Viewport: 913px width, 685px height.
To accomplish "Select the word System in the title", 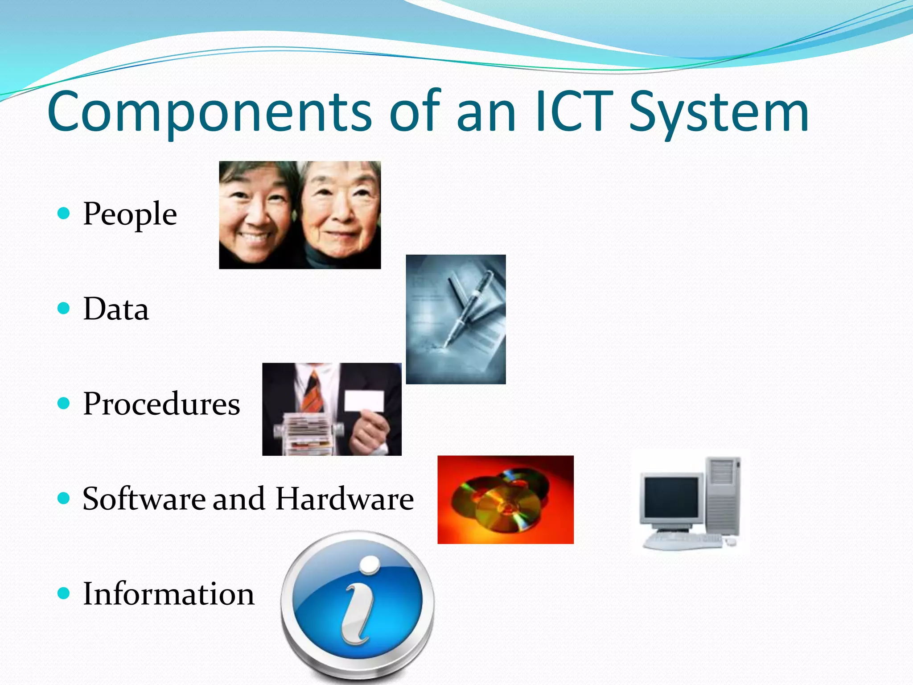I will click(x=719, y=112).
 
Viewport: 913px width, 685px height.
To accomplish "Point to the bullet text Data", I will click(x=116, y=309).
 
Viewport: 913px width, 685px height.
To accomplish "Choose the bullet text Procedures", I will click(x=161, y=404).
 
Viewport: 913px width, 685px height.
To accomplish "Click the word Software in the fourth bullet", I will click(x=144, y=499).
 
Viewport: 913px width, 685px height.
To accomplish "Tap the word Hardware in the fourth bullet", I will click(x=345, y=499).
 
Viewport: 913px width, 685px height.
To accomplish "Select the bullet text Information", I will click(x=169, y=594).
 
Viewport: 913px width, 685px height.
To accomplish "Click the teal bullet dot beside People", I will click(x=64, y=213).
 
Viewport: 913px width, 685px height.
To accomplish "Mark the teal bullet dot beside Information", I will click(x=64, y=593).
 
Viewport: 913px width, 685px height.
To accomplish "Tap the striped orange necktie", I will click(x=313, y=392).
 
